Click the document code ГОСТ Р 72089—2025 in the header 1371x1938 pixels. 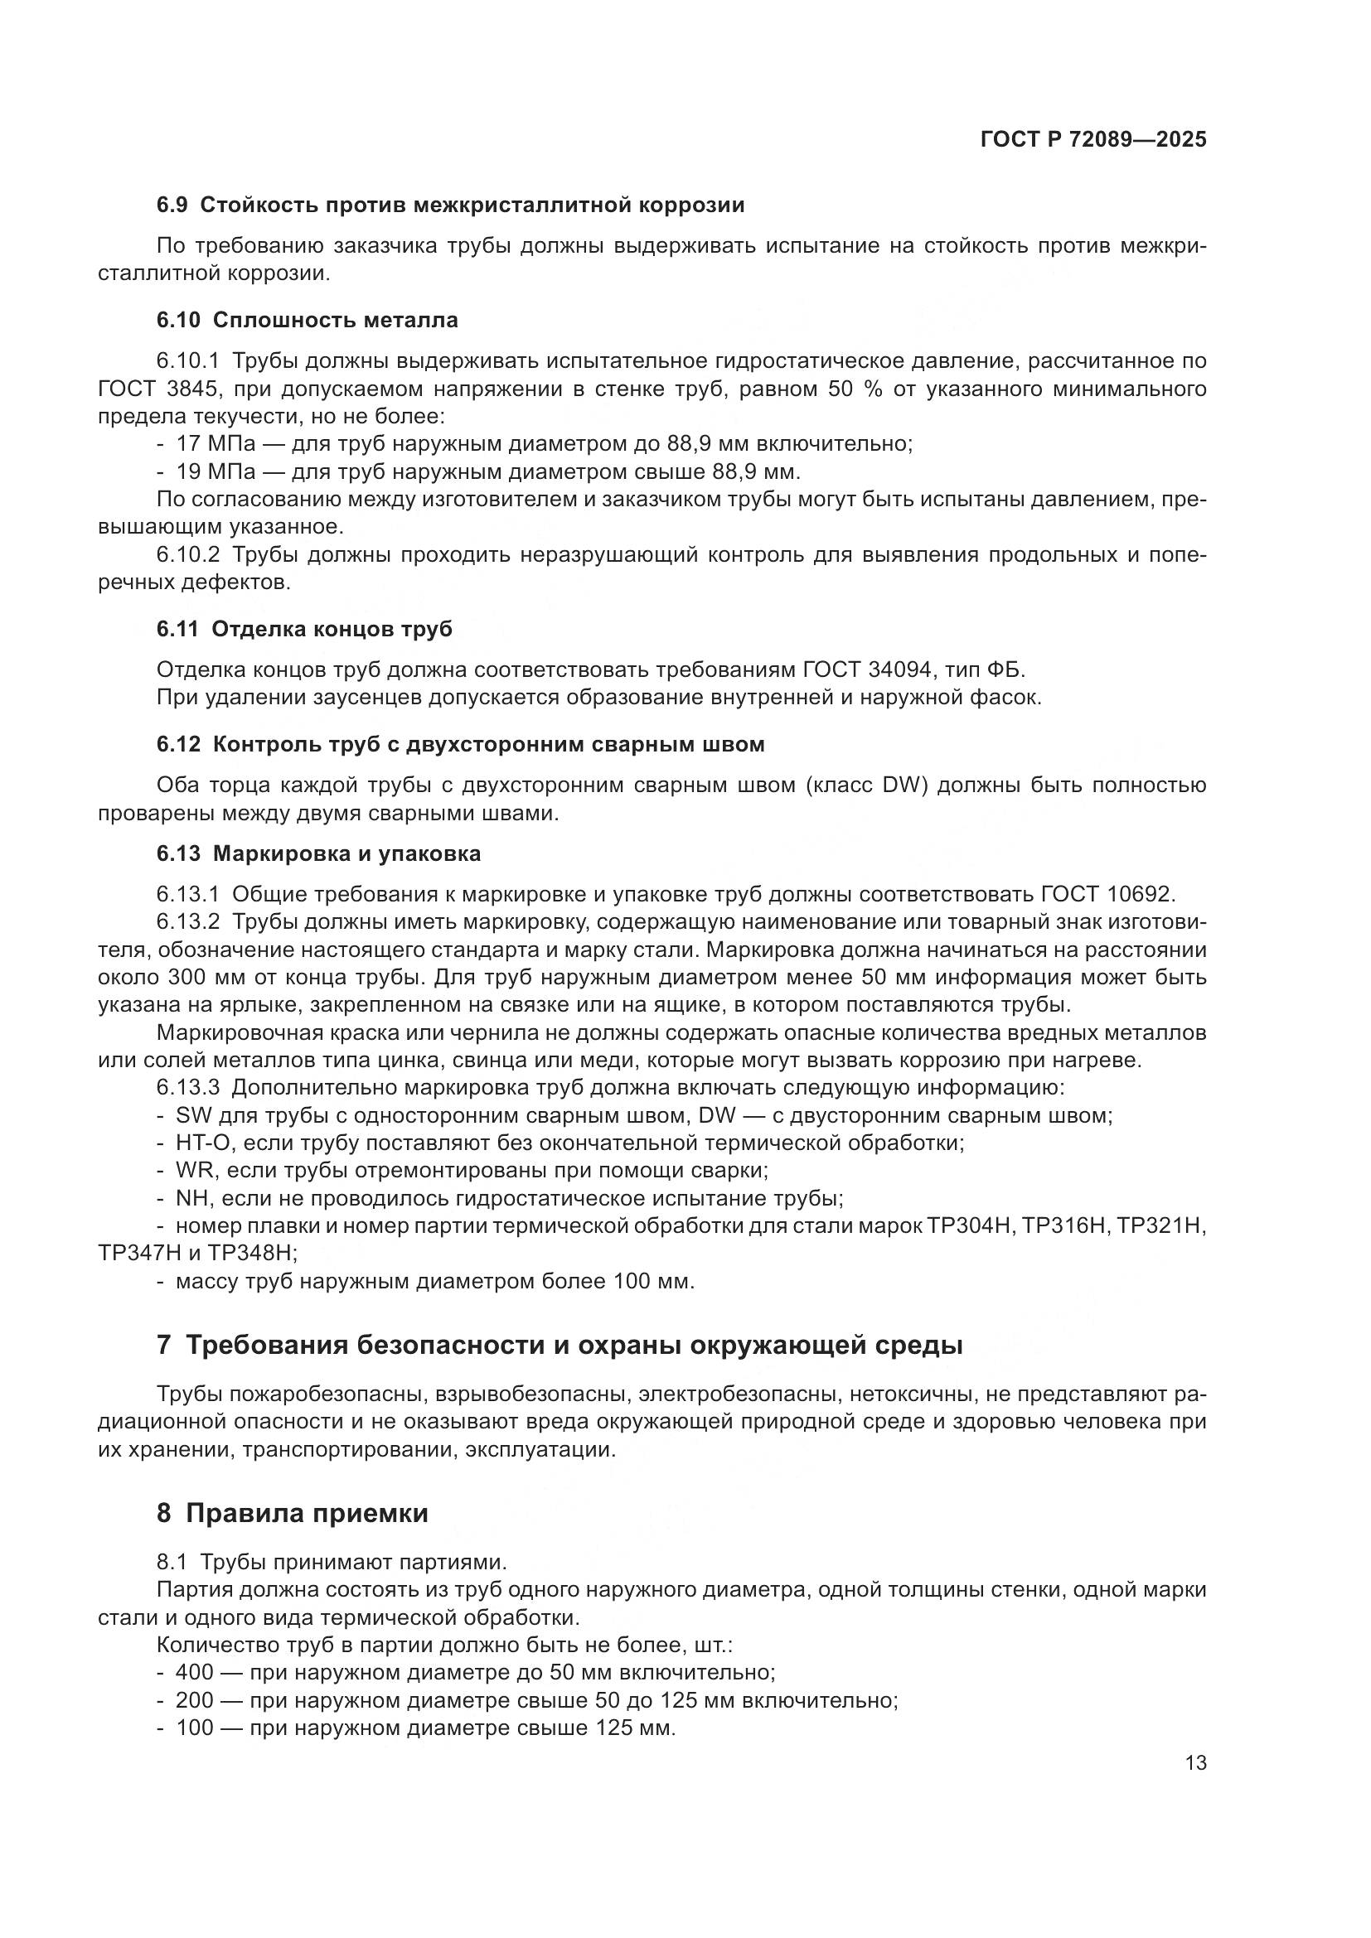pyautogui.click(x=1093, y=140)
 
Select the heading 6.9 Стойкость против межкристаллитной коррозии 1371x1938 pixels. pyautogui.click(x=450, y=205)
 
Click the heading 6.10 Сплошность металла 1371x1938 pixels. pyautogui.click(x=308, y=320)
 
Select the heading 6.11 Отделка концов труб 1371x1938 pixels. pyautogui.click(x=304, y=629)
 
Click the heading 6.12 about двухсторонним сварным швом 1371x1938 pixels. pyautogui.click(x=460, y=745)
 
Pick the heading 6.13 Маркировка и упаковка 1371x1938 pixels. pyautogui.click(x=318, y=853)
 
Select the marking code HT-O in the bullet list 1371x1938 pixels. pyautogui.click(x=197, y=1143)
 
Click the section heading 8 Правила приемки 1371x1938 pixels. pyautogui.click(x=292, y=1514)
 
